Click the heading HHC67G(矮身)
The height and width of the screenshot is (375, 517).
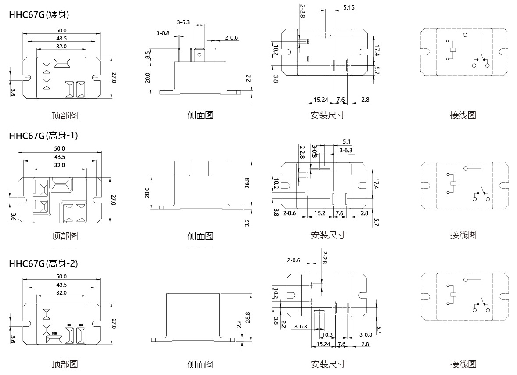[39, 14]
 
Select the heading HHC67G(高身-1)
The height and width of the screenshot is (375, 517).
[43, 136]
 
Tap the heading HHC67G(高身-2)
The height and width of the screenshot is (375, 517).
[43, 263]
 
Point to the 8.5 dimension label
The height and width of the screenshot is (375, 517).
[148, 55]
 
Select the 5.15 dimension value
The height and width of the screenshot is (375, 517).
[349, 8]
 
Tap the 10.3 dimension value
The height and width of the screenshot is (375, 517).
[327, 335]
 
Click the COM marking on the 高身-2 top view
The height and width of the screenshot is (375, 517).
[54, 334]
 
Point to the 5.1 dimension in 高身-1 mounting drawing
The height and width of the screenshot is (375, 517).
[346, 141]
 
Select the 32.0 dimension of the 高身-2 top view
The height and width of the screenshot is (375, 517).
[61, 292]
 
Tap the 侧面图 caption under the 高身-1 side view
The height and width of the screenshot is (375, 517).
[201, 236]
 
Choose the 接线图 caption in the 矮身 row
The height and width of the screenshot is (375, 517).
[463, 115]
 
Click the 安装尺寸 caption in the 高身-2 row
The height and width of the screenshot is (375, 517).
[327, 364]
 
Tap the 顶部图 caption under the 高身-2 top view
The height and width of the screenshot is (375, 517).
[65, 364]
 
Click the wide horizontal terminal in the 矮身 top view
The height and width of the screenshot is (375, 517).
[61, 63]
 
